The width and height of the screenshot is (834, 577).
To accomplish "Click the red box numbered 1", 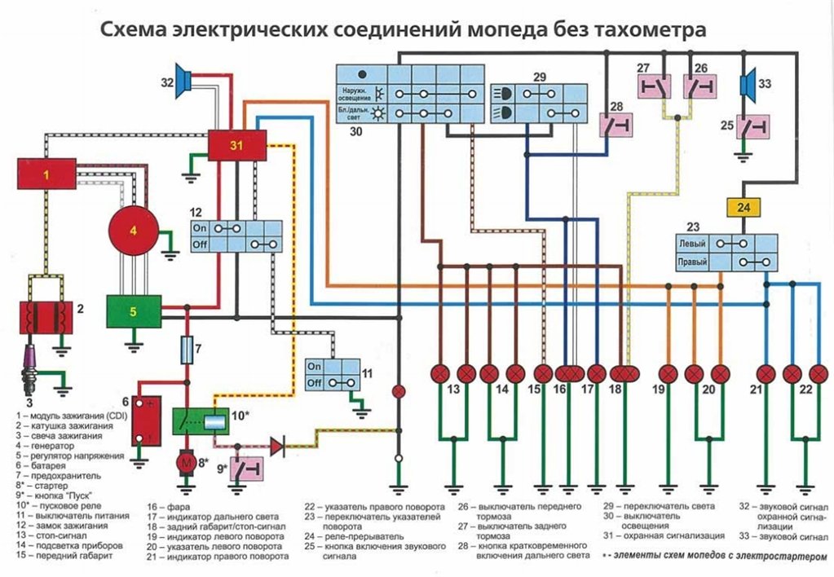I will click(47, 174).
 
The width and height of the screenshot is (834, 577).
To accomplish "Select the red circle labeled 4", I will click(133, 231).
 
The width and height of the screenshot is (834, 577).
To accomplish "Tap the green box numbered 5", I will click(133, 311).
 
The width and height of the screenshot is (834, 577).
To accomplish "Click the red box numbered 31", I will click(236, 145).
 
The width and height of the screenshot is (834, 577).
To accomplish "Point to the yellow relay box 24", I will click(743, 208).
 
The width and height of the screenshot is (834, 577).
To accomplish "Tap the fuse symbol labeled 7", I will click(187, 351).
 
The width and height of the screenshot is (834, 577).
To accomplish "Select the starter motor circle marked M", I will click(187, 462).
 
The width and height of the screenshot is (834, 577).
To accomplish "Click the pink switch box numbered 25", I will click(753, 126).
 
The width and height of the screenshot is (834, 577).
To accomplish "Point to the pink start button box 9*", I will click(247, 470).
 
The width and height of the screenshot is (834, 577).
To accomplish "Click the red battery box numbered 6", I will click(148, 421).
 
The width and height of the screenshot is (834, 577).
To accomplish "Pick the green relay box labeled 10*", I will click(202, 421).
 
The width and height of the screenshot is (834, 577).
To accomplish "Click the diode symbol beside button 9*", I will click(277, 446).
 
